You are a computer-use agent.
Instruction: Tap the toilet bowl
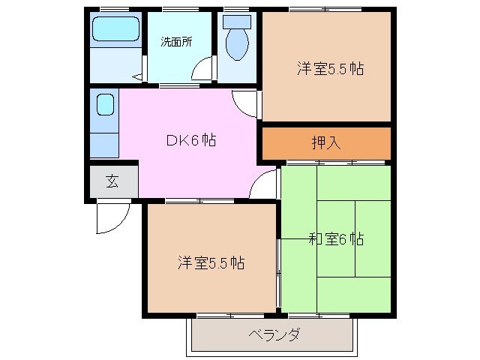236,43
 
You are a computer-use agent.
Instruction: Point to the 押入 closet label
326,142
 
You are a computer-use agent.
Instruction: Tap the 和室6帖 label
336,239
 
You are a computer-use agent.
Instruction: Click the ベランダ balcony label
273,334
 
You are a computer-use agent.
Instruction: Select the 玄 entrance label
111,181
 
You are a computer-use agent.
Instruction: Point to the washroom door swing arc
201,71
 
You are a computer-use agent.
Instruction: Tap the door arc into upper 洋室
245,102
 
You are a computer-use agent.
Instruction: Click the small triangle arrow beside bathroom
137,76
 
